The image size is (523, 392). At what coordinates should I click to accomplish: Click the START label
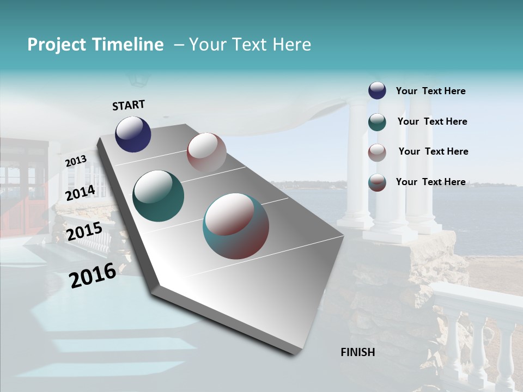point(129,105)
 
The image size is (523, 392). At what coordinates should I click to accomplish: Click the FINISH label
point(358,352)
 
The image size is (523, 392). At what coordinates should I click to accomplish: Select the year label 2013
point(76,161)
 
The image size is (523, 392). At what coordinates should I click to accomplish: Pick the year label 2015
point(84,232)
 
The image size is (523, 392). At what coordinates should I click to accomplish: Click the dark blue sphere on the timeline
point(133,134)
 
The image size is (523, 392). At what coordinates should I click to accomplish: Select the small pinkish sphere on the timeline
point(206,153)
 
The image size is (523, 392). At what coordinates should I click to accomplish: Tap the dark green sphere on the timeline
point(159,196)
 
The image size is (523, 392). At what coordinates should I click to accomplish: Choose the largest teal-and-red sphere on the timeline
point(236,226)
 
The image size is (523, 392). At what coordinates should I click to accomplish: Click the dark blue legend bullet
point(377,91)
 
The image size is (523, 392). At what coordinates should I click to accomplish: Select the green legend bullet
point(377,122)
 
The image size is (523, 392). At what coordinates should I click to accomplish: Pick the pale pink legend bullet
point(377,152)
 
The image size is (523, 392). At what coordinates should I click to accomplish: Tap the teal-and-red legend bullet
point(377,182)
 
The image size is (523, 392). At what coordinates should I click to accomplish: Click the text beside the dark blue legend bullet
point(430,91)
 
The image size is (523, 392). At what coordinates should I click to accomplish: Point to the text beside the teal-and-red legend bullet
point(430,182)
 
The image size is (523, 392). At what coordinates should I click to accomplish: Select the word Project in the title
point(57,45)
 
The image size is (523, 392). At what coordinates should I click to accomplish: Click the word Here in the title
point(291,45)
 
